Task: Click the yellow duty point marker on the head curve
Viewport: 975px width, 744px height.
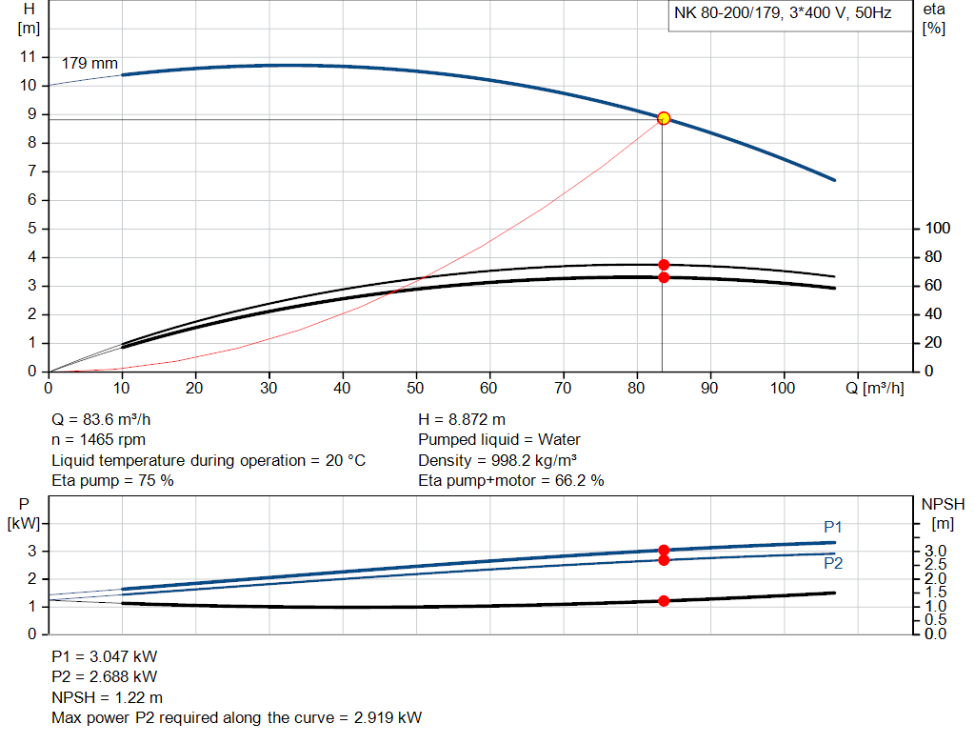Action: pyautogui.click(x=664, y=118)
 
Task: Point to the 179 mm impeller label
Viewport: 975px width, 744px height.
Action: pyautogui.click(x=90, y=64)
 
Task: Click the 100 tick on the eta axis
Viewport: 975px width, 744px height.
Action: pyautogui.click(x=938, y=229)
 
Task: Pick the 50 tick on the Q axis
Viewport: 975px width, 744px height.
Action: pyautogui.click(x=416, y=389)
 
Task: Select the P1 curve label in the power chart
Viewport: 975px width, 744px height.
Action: pyautogui.click(x=833, y=527)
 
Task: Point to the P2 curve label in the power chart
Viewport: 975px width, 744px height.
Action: pyautogui.click(x=833, y=563)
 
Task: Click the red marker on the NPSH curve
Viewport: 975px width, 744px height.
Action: pyautogui.click(x=664, y=601)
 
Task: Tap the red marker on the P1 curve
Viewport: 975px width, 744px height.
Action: pyautogui.click(x=664, y=550)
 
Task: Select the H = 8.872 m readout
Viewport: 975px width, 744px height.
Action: pyautogui.click(x=462, y=419)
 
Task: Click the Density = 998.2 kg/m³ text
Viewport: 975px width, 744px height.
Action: pyautogui.click(x=500, y=460)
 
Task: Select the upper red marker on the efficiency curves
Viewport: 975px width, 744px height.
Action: pyautogui.click(x=664, y=265)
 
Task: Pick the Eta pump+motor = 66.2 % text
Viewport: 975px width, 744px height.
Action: pyautogui.click(x=511, y=481)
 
